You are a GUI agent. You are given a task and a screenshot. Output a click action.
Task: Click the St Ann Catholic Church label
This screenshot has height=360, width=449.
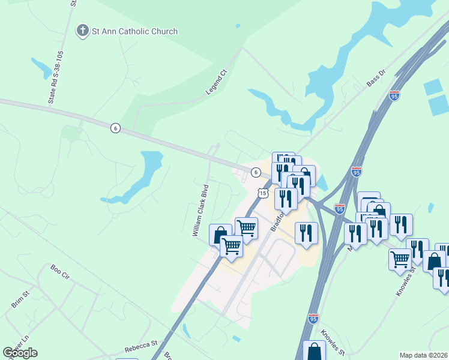[x=134, y=31]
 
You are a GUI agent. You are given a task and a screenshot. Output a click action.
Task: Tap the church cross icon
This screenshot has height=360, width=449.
[x=82, y=31]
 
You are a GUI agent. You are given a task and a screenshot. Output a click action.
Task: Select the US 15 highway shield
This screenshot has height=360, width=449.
[x=262, y=192]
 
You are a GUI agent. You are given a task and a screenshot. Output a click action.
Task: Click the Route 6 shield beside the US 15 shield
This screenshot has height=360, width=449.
[x=256, y=172]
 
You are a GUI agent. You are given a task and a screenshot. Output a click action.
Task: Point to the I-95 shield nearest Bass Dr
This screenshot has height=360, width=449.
[x=394, y=96]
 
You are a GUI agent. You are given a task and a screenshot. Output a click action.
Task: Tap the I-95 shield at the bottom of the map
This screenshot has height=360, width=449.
[x=313, y=319]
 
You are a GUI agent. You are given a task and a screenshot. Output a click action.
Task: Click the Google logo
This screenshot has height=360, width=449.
[x=20, y=352]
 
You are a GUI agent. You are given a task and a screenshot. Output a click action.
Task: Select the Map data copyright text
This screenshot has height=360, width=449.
[x=424, y=355]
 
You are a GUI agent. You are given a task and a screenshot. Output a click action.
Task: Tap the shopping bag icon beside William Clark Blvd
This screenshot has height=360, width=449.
[x=220, y=234]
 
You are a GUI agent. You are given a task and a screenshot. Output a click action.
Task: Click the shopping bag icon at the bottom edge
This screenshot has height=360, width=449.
[x=314, y=352]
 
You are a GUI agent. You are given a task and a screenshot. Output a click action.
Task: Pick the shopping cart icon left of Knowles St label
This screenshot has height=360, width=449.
[x=400, y=259]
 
